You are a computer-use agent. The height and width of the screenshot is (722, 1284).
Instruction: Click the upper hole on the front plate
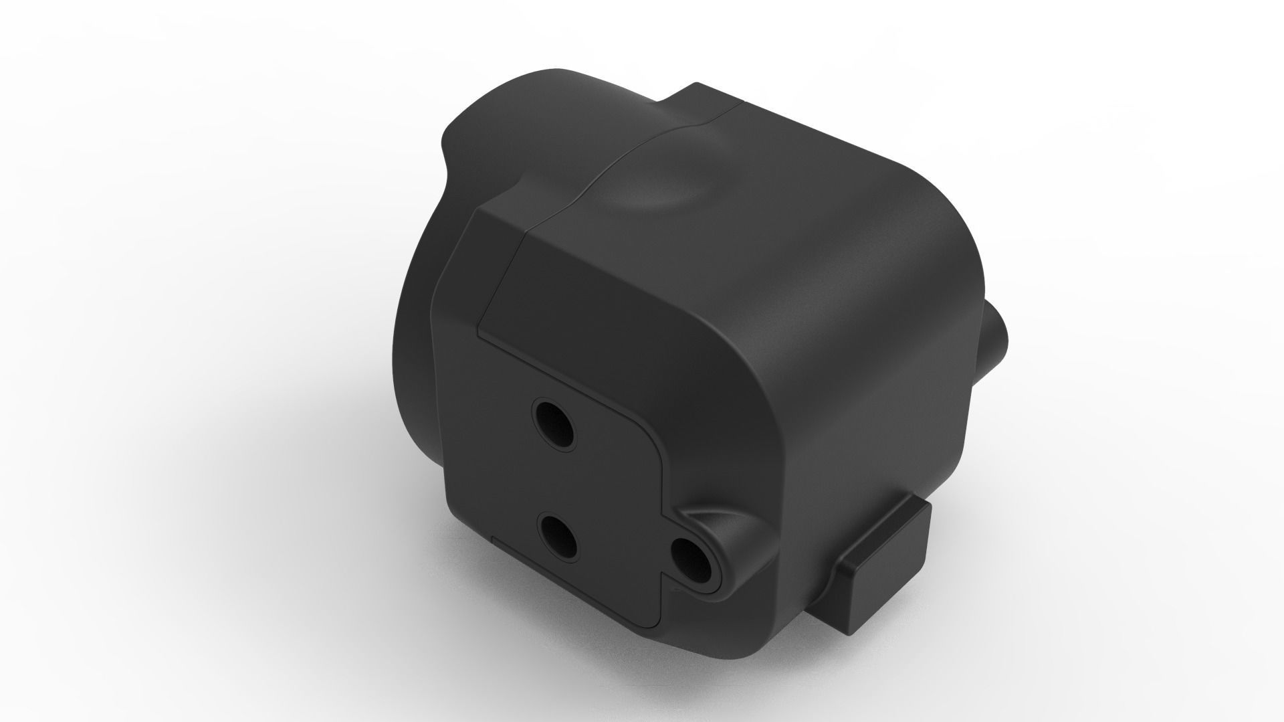click(553, 423)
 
